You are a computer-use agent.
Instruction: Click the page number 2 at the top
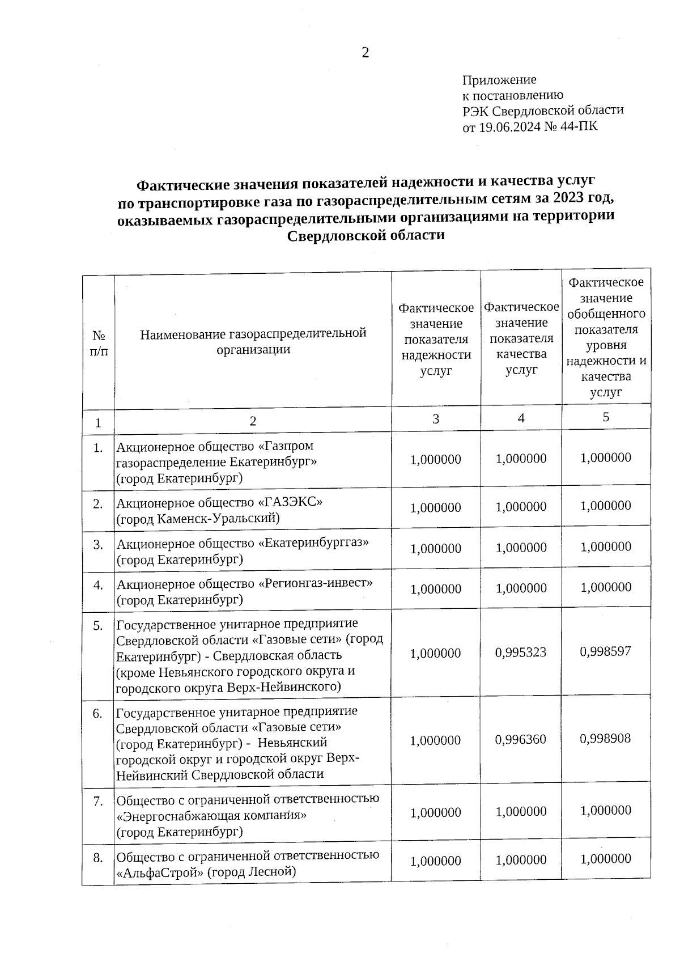point(365,53)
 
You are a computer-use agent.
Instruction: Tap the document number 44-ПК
point(579,126)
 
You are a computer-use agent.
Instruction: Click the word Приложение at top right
point(499,80)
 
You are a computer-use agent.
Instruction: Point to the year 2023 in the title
point(573,199)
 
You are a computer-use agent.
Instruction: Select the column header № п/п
point(99,343)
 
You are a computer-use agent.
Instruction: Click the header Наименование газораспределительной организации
point(253,341)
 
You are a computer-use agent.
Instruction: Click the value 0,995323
point(521,652)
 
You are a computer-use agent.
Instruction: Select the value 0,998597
point(605,651)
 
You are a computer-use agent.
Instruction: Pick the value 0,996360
point(521,740)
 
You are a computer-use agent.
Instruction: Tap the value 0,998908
point(605,739)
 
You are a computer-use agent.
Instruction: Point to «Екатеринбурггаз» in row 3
point(313,543)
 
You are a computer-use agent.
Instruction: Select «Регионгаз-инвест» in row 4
point(316,583)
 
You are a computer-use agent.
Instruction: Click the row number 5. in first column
point(98,626)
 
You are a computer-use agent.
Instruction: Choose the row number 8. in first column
point(98,858)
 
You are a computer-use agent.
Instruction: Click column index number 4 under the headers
point(521,418)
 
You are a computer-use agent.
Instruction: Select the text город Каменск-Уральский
point(198,518)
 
